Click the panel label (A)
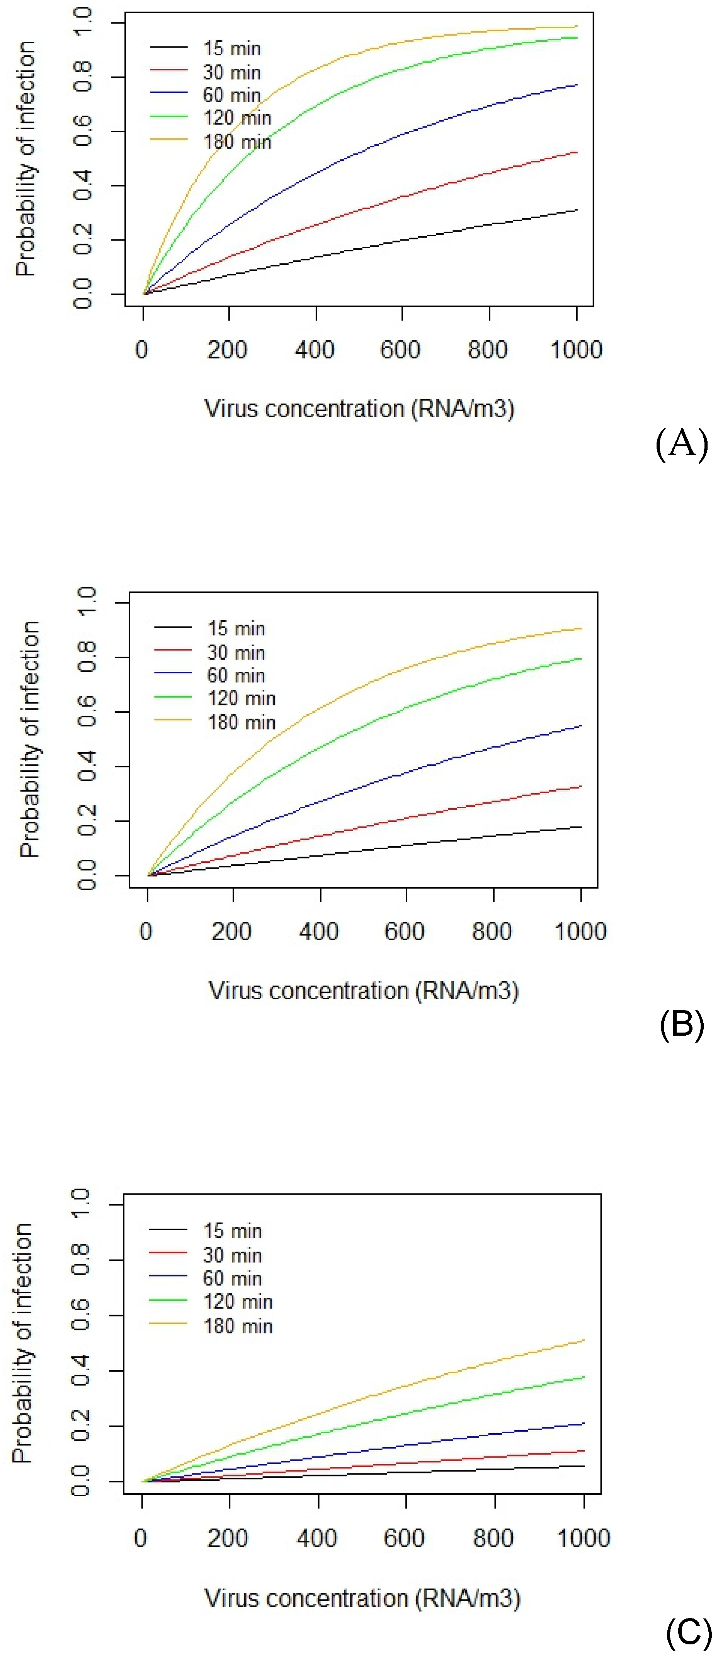pos(681,444)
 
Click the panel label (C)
pos(688,1633)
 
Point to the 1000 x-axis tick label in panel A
pos(575,350)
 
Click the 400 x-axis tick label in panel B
pos(318,931)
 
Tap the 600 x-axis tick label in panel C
pos(403,1538)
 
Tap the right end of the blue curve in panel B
pos(581,726)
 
